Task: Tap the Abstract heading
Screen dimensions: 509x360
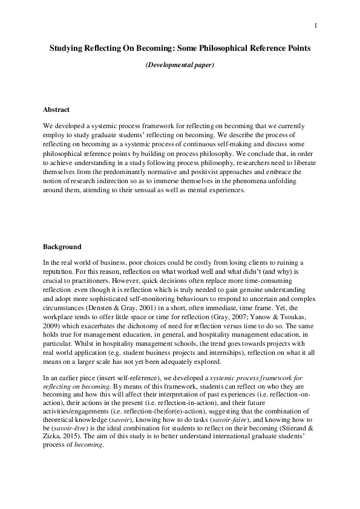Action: click(x=56, y=109)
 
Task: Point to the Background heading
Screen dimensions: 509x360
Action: click(x=62, y=247)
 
